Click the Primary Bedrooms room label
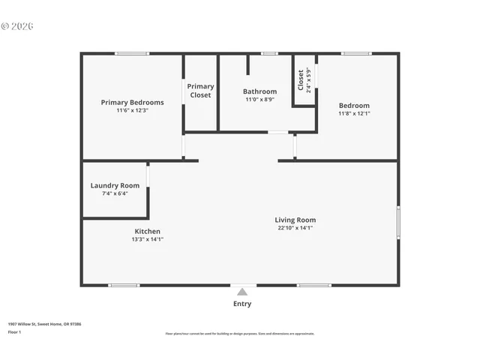[132, 102]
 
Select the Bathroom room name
[259, 92]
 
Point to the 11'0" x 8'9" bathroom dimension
[259, 100]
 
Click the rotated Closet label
[301, 79]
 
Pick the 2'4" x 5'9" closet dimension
[308, 79]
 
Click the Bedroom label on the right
[354, 105]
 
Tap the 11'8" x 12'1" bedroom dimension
[354, 113]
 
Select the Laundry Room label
[115, 185]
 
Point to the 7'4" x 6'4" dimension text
[115, 193]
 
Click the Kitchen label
[147, 231]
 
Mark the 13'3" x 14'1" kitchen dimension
[147, 239]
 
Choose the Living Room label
[295, 220]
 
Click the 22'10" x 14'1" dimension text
[295, 228]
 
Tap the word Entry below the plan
[242, 304]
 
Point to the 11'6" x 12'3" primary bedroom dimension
[132, 110]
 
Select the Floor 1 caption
[14, 331]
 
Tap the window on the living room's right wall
[398, 223]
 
